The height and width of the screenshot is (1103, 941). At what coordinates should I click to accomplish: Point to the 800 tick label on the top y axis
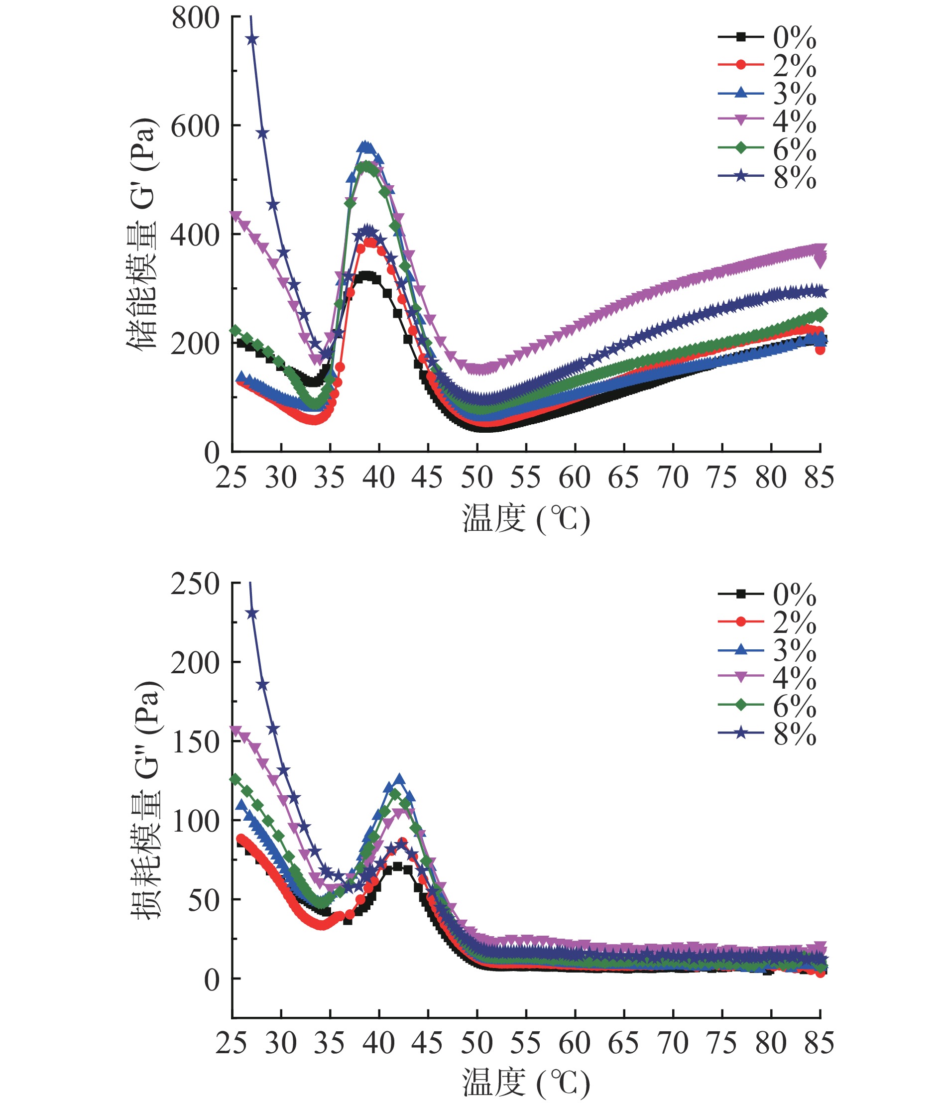[x=195, y=18]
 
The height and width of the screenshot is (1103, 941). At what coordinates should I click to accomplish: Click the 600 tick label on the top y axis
[x=195, y=127]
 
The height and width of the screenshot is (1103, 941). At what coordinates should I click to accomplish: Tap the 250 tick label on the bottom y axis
[x=195, y=584]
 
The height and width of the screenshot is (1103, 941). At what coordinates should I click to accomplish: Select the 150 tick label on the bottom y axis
[x=195, y=741]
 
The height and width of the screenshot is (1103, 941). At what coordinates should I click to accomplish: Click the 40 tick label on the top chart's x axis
[x=379, y=477]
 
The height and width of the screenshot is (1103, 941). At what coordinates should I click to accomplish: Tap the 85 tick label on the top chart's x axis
[x=819, y=477]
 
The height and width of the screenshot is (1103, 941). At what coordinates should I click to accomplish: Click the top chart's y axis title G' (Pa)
[x=142, y=233]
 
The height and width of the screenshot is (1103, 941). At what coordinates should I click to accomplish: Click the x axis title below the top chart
[x=526, y=519]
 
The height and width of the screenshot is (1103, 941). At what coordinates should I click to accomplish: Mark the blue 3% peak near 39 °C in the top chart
[x=365, y=146]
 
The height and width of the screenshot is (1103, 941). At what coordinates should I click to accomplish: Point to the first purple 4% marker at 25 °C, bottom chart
[x=235, y=730]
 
